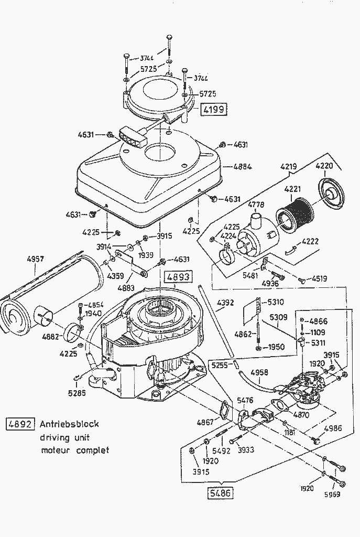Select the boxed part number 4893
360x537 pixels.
click(x=177, y=277)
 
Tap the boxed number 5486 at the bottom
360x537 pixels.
click(x=220, y=493)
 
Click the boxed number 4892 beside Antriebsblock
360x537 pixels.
click(x=20, y=424)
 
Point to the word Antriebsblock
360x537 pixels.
click(x=69, y=424)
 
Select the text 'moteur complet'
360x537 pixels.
click(x=75, y=450)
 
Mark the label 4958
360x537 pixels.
click(x=259, y=372)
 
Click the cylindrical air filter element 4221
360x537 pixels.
click(x=296, y=214)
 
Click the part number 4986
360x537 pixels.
click(x=333, y=428)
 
